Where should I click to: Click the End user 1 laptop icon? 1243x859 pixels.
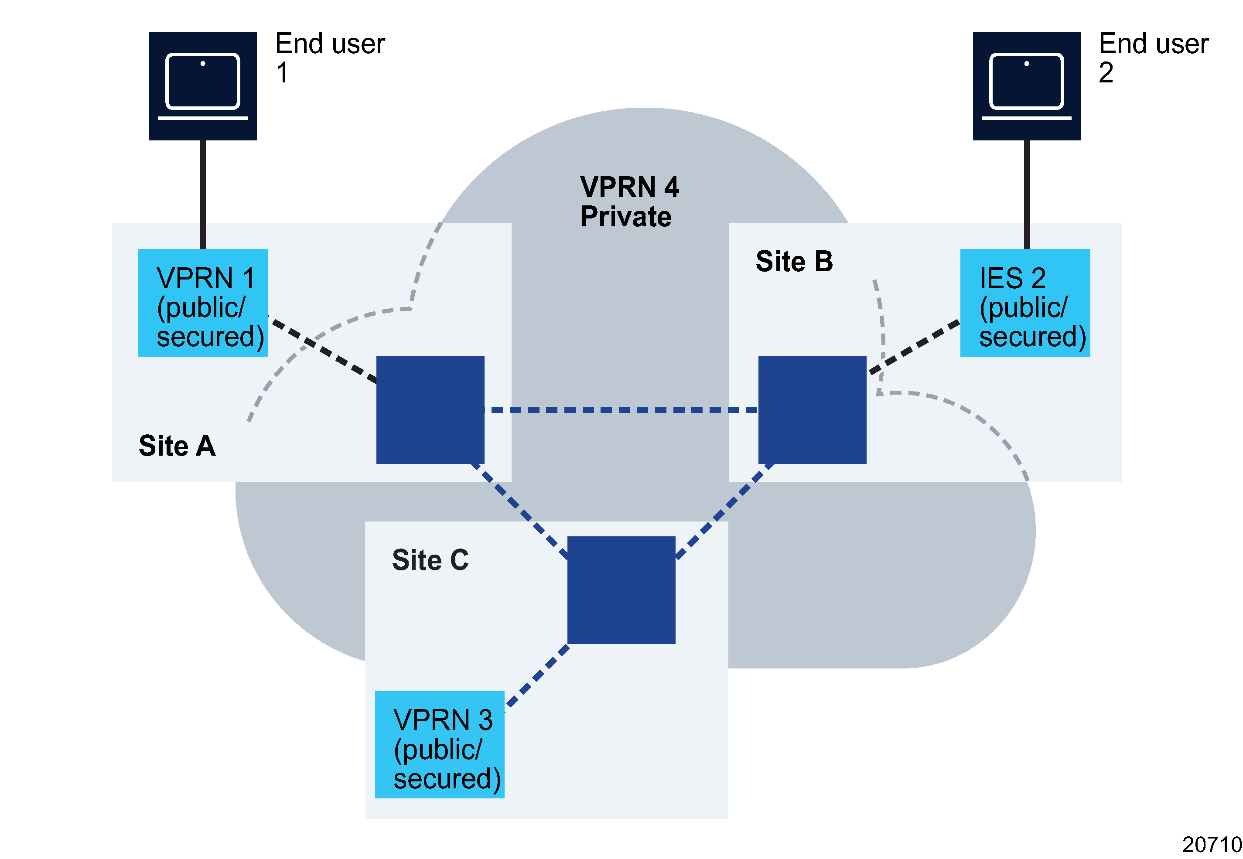202,86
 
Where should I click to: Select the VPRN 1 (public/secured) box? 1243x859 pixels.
202,303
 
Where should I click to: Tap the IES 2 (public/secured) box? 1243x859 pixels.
1024,303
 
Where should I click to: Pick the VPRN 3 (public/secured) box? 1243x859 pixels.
439,744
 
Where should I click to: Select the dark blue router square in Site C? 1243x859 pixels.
621,590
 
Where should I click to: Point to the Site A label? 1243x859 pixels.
177,446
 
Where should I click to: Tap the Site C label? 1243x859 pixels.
430,560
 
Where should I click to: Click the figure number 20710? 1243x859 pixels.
1211,844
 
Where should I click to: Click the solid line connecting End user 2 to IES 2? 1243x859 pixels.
1026,194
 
